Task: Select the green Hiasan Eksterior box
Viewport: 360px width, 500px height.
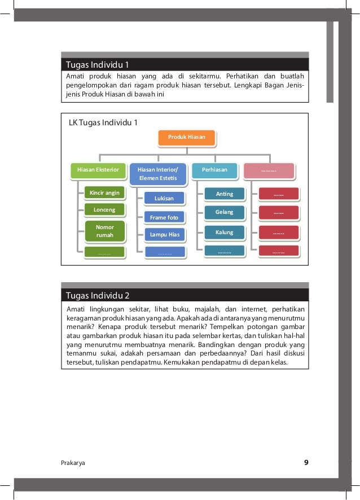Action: (98, 170)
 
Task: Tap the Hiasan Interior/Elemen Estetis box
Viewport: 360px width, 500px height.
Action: (157, 174)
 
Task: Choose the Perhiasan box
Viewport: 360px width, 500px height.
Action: (214, 170)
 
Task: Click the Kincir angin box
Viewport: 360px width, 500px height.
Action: (104, 193)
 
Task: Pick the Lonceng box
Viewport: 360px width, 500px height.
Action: (104, 210)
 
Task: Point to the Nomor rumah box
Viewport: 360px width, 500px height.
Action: (104, 231)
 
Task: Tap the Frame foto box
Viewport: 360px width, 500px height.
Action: (164, 217)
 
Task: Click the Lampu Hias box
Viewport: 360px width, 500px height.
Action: (164, 234)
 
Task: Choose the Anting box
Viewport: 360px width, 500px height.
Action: (225, 194)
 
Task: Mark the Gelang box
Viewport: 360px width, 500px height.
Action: (225, 213)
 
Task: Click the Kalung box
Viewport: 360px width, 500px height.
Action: (225, 232)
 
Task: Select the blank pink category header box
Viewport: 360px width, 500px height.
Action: (269, 170)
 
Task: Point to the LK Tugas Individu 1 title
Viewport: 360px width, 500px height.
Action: (103, 122)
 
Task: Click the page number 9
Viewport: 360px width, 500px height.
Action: (306, 463)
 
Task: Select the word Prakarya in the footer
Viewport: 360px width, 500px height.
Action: (73, 463)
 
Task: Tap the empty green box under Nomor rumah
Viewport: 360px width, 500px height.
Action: (104, 253)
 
